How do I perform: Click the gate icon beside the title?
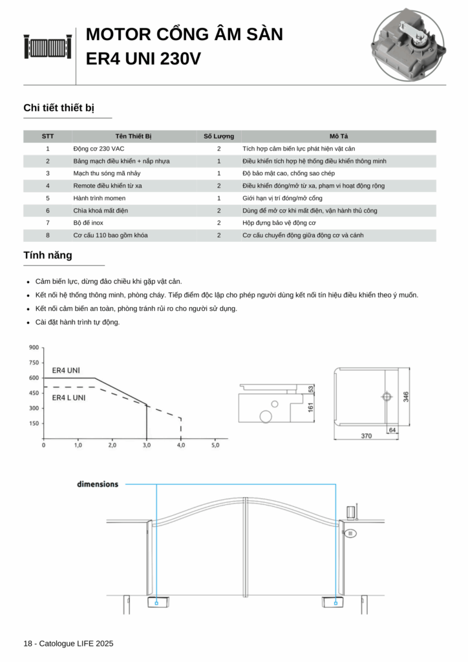(47, 47)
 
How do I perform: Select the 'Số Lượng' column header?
(218, 136)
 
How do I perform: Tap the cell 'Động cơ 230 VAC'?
(99, 149)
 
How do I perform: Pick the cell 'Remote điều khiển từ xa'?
(108, 186)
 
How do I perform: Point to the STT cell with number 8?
(48, 235)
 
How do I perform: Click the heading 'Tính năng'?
(48, 255)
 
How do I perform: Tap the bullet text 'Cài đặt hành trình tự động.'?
(78, 322)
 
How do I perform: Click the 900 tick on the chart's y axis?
(34, 348)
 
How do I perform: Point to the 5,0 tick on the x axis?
(215, 445)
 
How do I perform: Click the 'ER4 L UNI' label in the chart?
(69, 398)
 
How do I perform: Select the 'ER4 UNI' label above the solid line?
(66, 370)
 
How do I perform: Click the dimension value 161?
(310, 408)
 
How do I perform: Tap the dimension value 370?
(367, 436)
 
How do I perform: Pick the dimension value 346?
(407, 396)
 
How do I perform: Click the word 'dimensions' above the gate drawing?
(98, 484)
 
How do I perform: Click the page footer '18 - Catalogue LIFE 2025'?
(68, 643)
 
